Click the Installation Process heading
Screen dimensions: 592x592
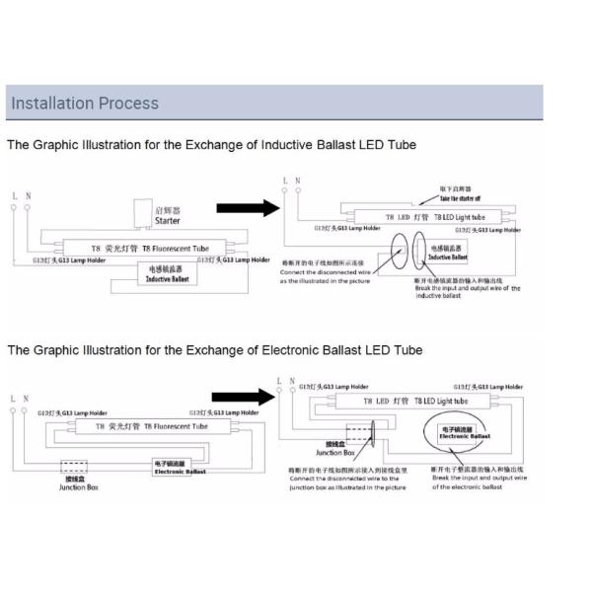tap(83, 103)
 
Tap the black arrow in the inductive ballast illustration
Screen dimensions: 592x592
tap(243, 207)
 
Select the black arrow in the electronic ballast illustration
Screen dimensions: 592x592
tap(241, 396)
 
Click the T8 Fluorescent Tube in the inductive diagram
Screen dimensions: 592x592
tap(148, 249)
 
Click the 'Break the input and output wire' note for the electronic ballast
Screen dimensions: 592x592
tap(479, 478)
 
